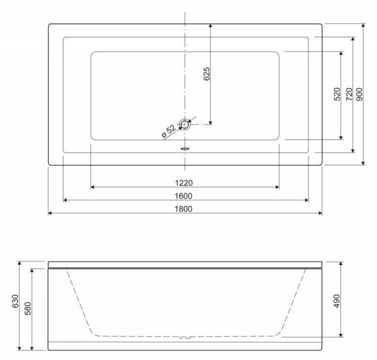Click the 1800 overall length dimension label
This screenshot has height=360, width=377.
[x=183, y=209]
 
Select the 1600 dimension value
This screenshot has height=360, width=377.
[x=183, y=196]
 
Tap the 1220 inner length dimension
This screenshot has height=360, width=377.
[x=184, y=183]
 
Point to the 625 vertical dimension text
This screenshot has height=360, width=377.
[x=206, y=74]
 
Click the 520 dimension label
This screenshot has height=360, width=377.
[x=337, y=94]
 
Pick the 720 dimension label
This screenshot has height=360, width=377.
[x=348, y=94]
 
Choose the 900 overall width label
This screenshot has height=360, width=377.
[x=359, y=94]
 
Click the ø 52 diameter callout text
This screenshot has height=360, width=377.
[x=169, y=131]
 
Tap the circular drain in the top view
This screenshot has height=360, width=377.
[x=185, y=125]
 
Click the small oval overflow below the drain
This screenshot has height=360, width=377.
[x=185, y=149]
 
